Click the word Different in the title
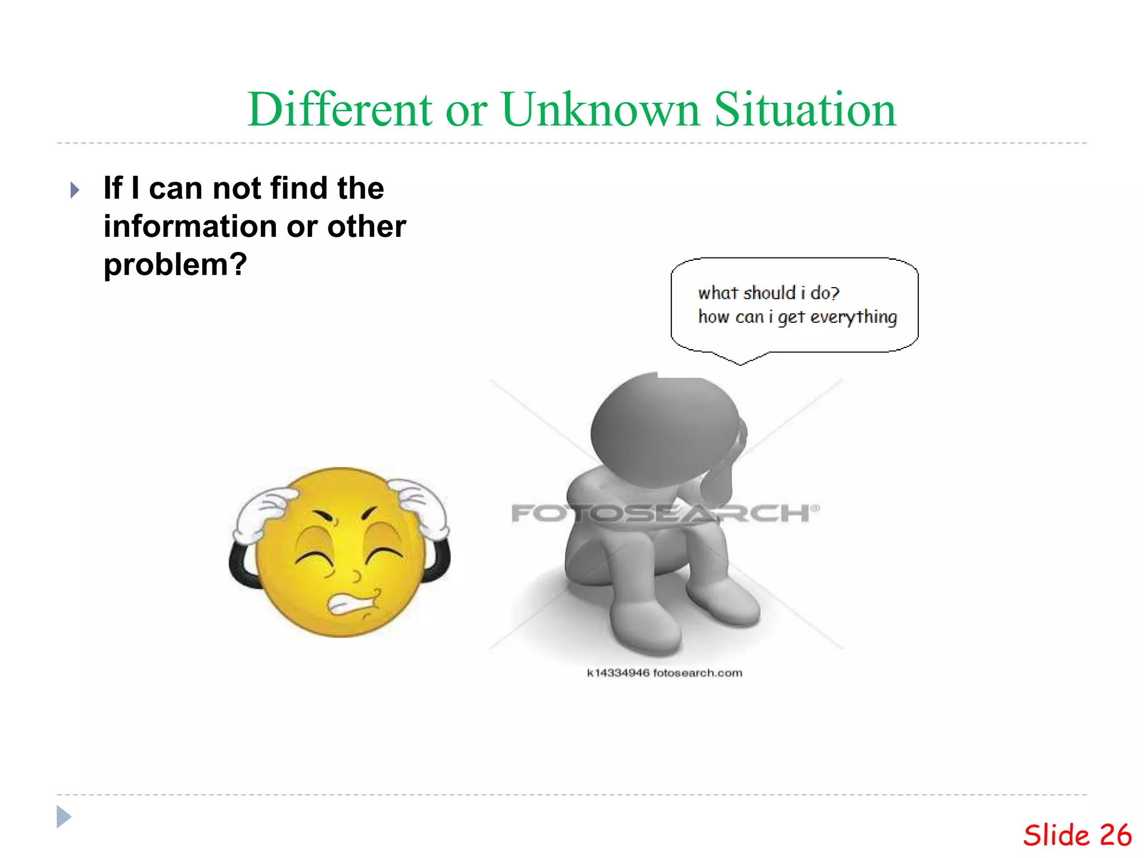click(x=340, y=109)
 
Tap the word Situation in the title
click(x=805, y=109)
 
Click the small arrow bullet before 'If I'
click(x=75, y=190)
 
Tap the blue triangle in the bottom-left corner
click(x=64, y=817)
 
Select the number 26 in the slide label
click(x=1115, y=836)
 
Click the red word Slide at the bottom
click(x=1056, y=836)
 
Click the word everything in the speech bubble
click(x=854, y=317)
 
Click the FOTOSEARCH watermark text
click(x=665, y=513)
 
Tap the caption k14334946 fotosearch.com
click(x=665, y=673)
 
